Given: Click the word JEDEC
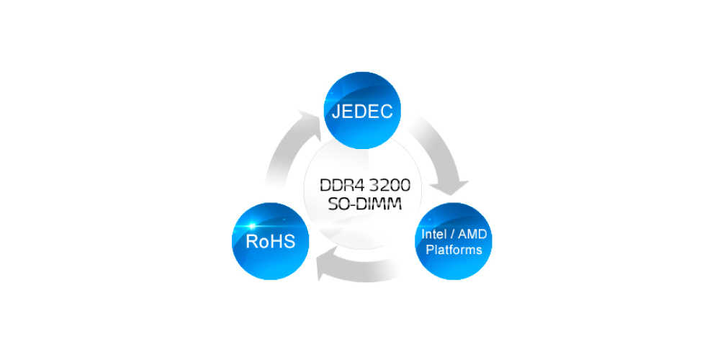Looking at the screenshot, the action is pos(362,112).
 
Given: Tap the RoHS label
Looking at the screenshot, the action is pos(271,241).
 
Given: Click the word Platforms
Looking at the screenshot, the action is pos(454,250).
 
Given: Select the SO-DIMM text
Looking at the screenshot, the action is pos(365,204).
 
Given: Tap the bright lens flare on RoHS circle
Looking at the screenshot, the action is pos(251,226).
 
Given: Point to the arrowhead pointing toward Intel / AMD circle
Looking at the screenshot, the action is pos(449,187).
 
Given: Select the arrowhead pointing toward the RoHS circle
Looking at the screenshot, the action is pos(327,270).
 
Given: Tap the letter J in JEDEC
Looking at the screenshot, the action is pos(336,112).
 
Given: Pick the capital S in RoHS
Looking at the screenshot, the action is pos(289,241).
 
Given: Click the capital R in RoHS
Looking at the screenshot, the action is pos(251,241).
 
